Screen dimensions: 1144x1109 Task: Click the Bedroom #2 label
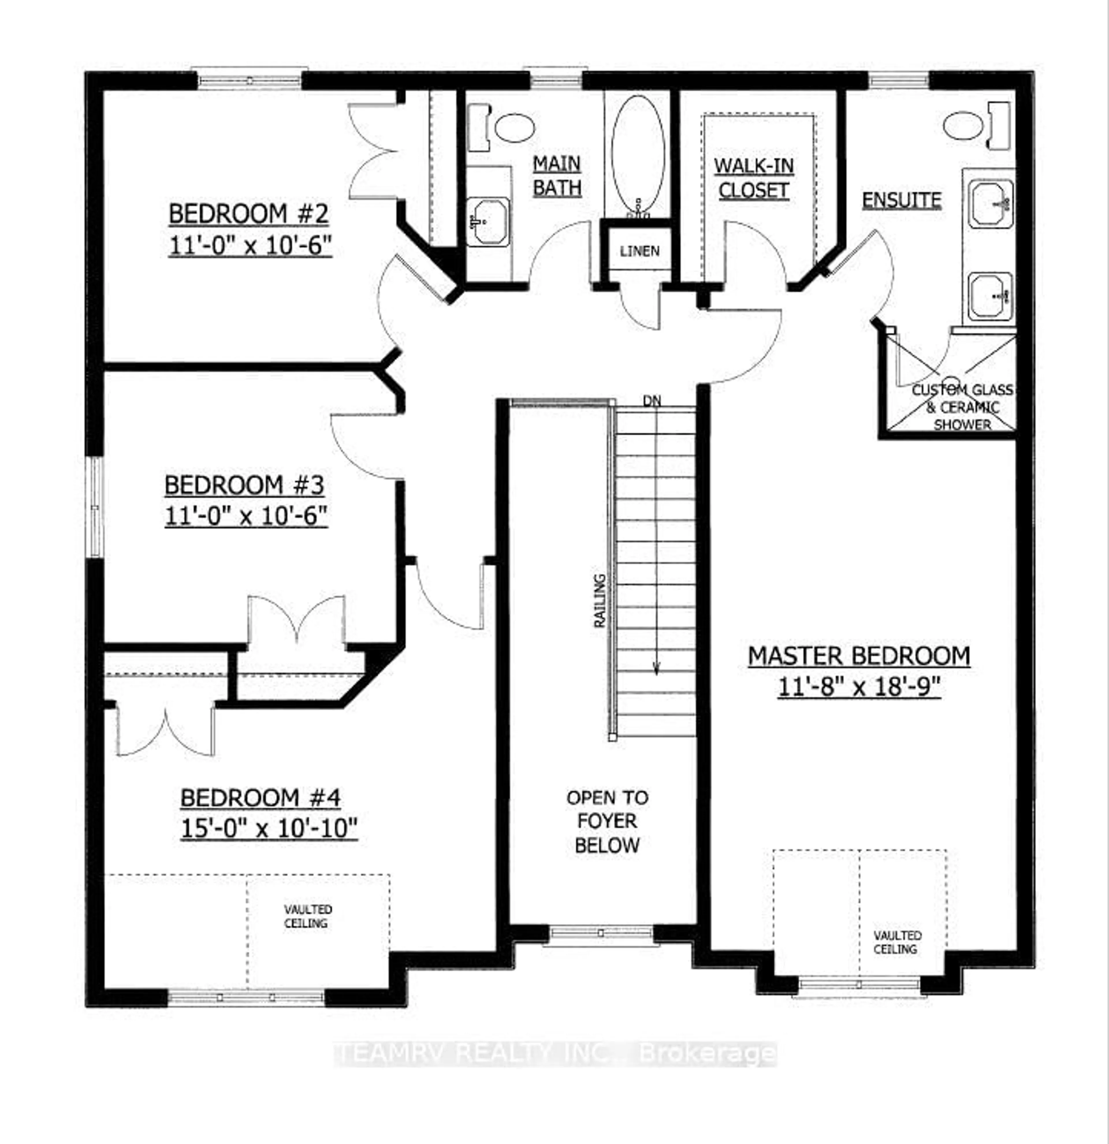(249, 214)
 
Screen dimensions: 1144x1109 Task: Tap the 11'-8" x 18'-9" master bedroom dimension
(859, 687)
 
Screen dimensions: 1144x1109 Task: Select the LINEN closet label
(640, 251)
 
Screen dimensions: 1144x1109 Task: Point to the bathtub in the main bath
(638, 156)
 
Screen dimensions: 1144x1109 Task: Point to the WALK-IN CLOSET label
(753, 178)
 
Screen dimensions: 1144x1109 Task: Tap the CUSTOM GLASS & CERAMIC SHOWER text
(962, 407)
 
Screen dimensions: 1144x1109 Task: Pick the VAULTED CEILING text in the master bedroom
(897, 942)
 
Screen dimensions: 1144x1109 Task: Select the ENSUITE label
(902, 200)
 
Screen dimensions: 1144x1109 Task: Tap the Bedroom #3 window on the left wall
(94, 507)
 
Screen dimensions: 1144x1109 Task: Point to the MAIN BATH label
(557, 176)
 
